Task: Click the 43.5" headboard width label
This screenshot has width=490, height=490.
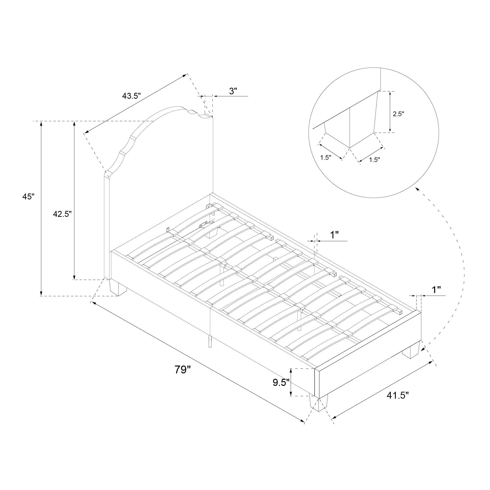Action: click(x=131, y=96)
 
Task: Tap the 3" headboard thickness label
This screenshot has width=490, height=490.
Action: click(x=233, y=91)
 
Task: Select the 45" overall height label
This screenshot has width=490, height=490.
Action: click(x=28, y=196)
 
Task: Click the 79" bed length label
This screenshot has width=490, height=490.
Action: click(x=182, y=369)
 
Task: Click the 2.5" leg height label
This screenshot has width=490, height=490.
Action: click(x=398, y=114)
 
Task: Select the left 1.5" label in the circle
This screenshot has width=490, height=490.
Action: click(x=326, y=158)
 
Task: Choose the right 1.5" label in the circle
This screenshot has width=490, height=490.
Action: click(x=374, y=160)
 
